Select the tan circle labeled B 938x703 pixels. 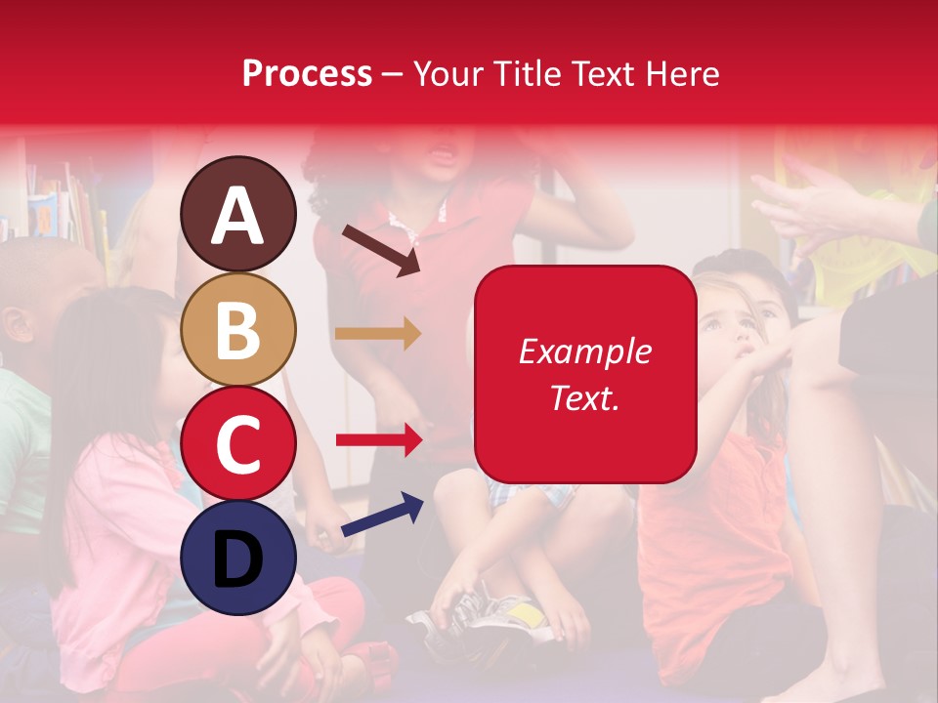point(238,329)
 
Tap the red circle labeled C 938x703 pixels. point(238,444)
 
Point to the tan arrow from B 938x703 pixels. point(378,334)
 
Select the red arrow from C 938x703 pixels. point(379,440)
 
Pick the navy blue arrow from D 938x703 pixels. point(382,515)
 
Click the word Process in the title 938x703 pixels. point(307,73)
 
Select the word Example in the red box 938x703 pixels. point(584,351)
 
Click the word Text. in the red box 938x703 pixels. point(584,397)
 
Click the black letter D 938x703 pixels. point(238,559)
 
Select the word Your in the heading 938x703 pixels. point(445,73)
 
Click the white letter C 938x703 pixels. point(238,444)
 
